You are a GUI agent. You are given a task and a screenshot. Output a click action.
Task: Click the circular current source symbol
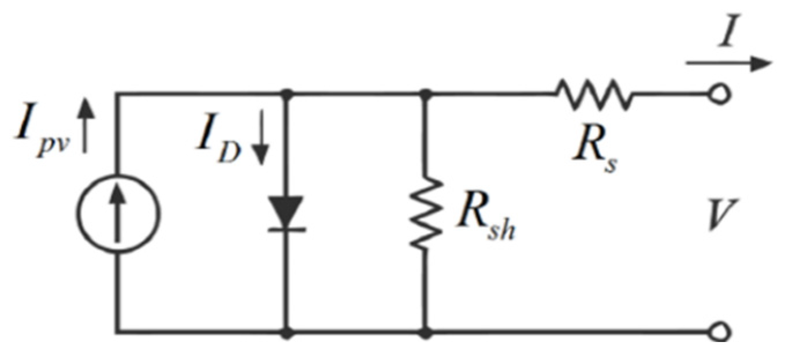coord(118,213)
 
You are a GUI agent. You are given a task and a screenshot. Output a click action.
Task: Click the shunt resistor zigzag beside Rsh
coord(426,213)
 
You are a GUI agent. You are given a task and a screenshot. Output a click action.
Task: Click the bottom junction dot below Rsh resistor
coord(426,333)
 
